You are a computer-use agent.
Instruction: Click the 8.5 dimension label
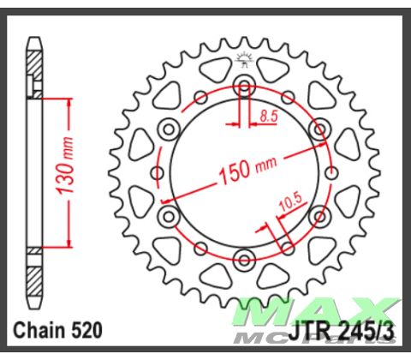coord(269,117)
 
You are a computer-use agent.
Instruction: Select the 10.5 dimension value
coord(291,202)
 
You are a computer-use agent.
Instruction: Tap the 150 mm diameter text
coord(247,170)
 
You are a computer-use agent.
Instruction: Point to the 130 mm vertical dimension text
coord(65,165)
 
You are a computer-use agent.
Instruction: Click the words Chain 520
coord(57,330)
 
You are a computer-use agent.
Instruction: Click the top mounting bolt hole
coord(244,86)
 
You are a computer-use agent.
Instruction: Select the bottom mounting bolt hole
coord(244,260)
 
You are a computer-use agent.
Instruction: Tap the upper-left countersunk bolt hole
coord(169,129)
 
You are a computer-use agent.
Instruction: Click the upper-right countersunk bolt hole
coord(319,129)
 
